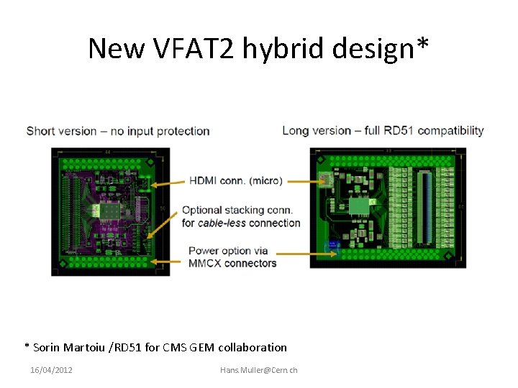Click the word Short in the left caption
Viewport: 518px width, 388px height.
[41, 131]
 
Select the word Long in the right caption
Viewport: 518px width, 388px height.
[296, 130]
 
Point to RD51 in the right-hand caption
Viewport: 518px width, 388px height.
[397, 130]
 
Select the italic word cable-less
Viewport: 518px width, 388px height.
[222, 223]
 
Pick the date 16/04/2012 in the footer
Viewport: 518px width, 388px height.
[51, 370]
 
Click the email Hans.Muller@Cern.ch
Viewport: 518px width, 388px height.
[259, 370]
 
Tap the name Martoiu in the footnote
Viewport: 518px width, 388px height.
[86, 348]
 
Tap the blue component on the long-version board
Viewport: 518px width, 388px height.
[332, 246]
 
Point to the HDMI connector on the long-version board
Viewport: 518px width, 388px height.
[325, 180]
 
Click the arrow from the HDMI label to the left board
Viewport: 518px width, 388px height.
[168, 183]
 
